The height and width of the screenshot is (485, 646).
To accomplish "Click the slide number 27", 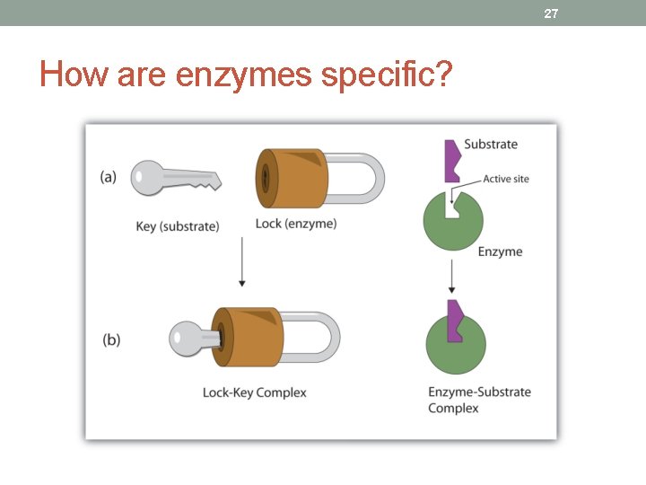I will [x=551, y=13].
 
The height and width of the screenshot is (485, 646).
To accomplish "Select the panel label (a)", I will [x=109, y=176].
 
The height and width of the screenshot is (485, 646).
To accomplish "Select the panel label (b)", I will [x=111, y=339].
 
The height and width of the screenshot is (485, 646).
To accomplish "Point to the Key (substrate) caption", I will [x=178, y=226].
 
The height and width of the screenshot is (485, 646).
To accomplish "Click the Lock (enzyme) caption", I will [x=296, y=224].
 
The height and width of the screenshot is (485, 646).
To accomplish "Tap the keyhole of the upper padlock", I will [x=265, y=177].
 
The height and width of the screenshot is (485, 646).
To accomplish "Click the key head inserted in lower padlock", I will [x=187, y=339].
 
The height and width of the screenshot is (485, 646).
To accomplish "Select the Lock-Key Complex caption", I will [x=255, y=392].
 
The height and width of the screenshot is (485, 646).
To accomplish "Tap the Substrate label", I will [x=491, y=145].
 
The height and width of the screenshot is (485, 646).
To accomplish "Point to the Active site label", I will [x=506, y=179].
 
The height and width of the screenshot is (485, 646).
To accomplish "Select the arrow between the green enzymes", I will [x=452, y=275].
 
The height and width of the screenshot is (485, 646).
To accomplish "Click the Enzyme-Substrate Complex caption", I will [x=479, y=400].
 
